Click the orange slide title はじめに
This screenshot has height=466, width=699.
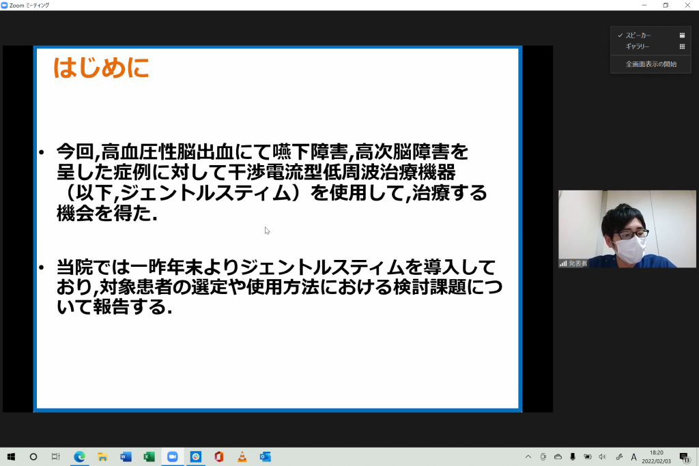101,68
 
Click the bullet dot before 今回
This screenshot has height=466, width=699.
42,153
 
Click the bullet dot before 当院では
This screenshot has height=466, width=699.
42,267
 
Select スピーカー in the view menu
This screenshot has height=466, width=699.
638,35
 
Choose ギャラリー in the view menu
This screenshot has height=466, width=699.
637,46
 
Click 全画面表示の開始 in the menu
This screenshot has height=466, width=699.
651,64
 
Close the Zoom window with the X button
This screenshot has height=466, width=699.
687,5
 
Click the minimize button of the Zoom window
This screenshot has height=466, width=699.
644,5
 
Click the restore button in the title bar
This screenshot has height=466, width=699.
666,5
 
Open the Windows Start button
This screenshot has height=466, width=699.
11,456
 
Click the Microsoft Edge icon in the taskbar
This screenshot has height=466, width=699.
79,456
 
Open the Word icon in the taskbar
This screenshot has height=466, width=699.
126,456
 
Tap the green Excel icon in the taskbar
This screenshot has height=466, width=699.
149,456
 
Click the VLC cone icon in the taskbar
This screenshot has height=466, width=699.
242,456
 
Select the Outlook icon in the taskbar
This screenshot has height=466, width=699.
266,456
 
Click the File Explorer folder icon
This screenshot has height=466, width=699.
102,456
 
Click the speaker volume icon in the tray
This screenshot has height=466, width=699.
602,456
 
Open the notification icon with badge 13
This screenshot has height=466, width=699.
684,457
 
